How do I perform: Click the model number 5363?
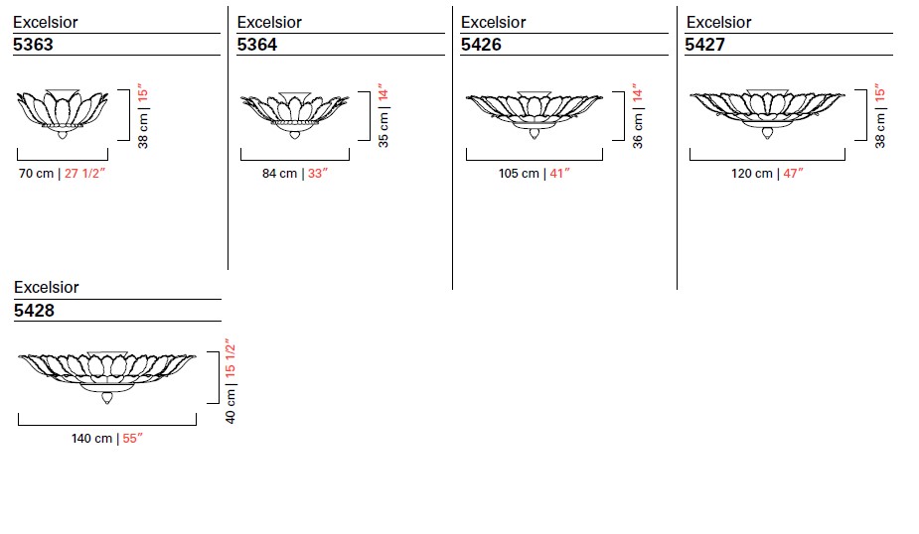click(x=33, y=45)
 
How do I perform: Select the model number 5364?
click(x=256, y=45)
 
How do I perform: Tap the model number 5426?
click(x=481, y=45)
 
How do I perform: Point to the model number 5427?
click(x=705, y=45)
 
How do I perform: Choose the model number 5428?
click(x=34, y=311)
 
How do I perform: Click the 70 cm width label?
click(x=37, y=174)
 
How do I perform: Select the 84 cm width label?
click(x=279, y=174)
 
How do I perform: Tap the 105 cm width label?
click(x=519, y=174)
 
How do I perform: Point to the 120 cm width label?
click(x=752, y=174)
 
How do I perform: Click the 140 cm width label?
click(x=92, y=439)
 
